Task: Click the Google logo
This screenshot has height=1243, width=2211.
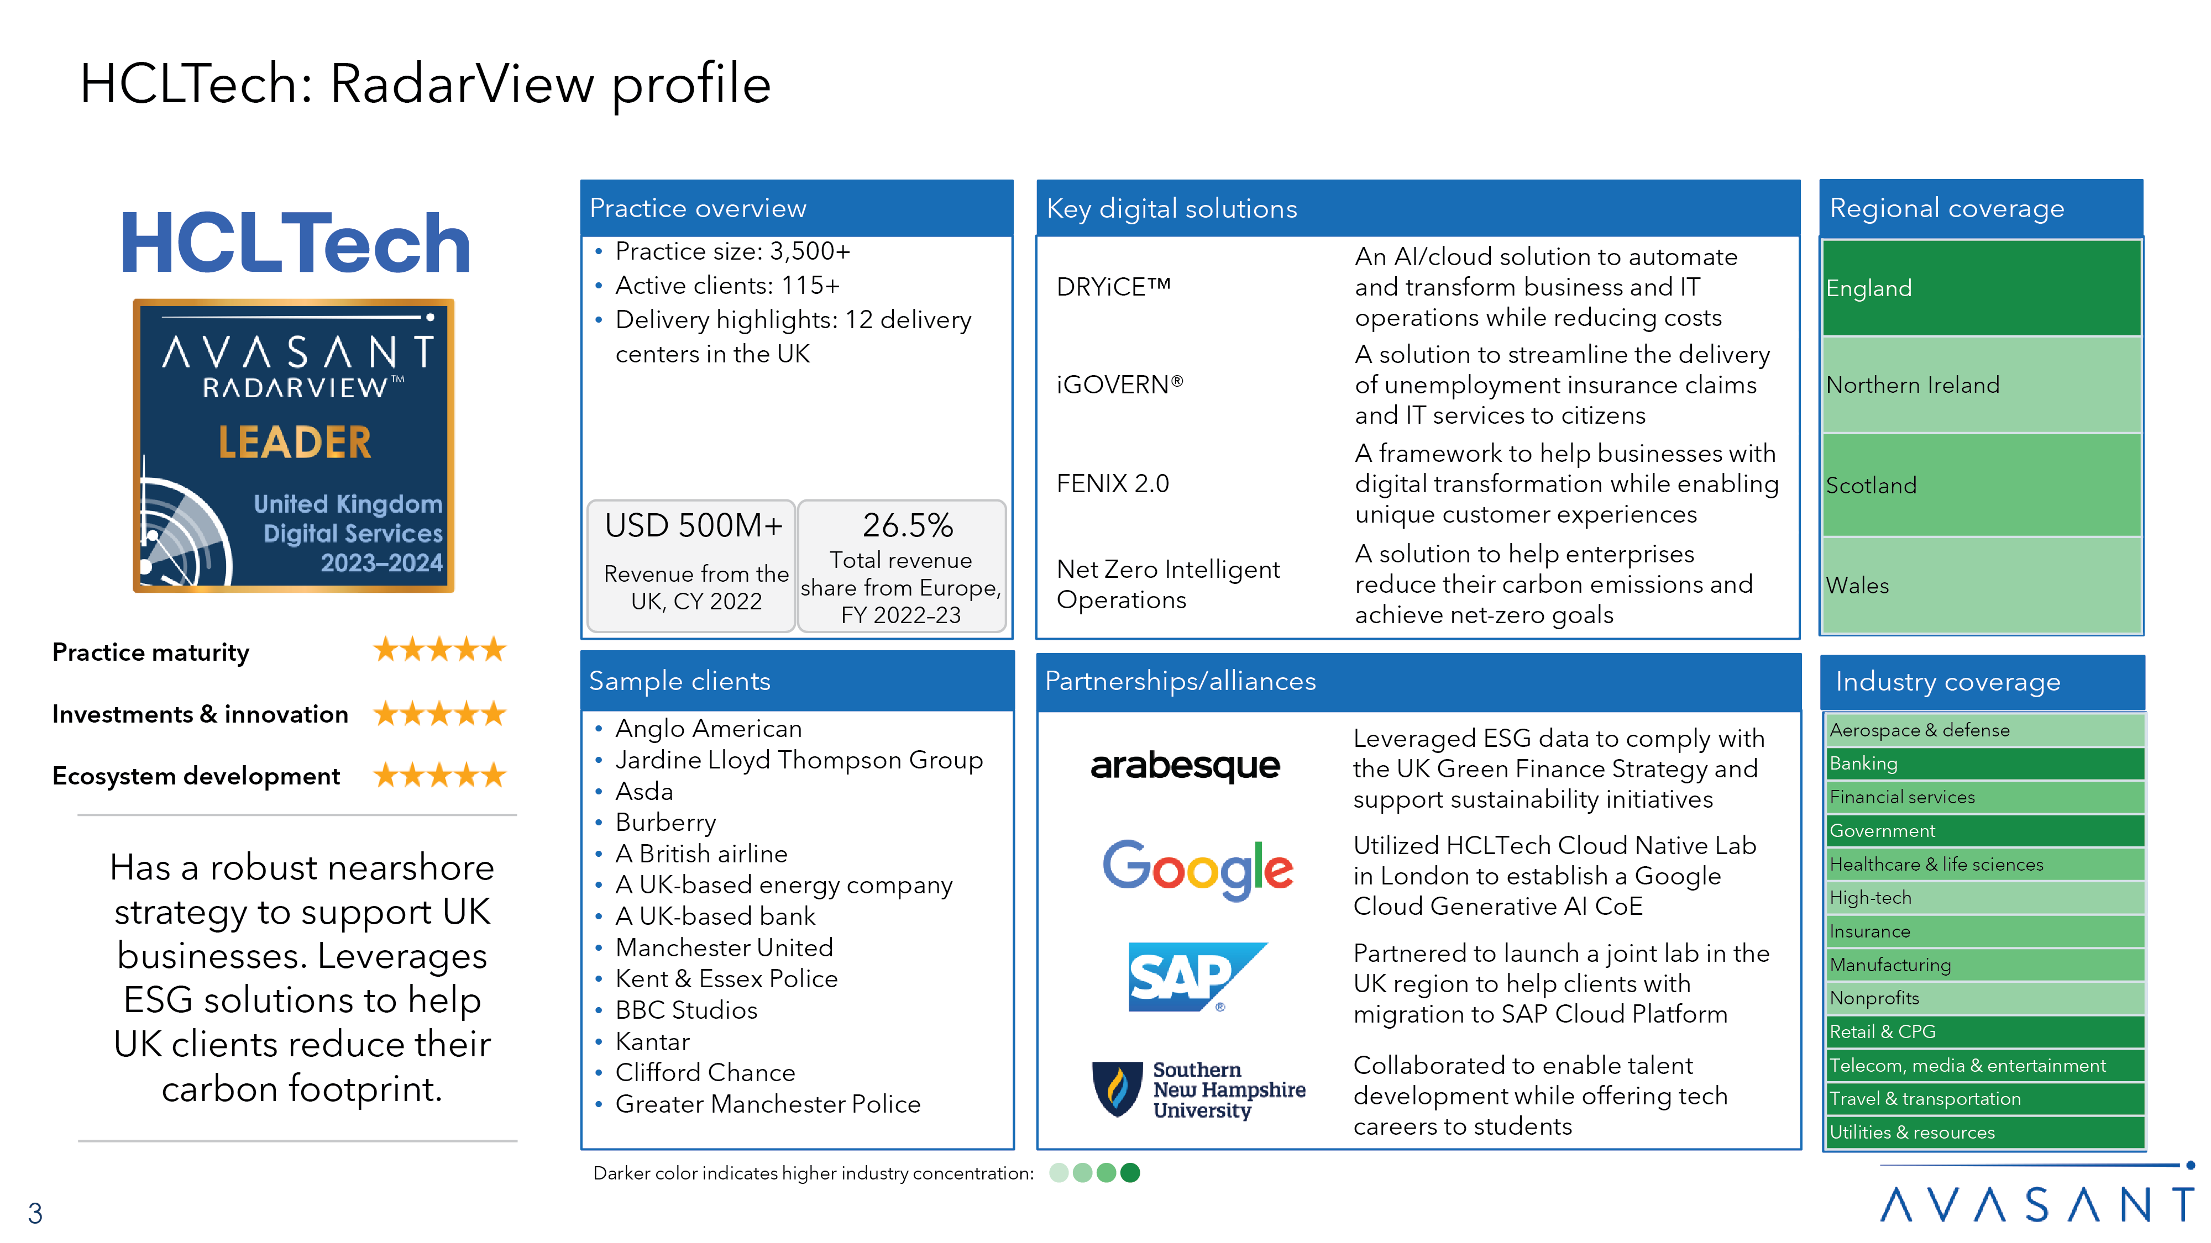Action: [1197, 870]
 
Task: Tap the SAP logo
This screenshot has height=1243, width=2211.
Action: [1197, 978]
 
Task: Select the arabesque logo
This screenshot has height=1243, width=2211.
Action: [1185, 765]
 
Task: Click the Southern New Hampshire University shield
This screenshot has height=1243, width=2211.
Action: [1117, 1089]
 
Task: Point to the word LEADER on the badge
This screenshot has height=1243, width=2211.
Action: [295, 443]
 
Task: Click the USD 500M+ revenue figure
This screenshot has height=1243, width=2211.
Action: [694, 525]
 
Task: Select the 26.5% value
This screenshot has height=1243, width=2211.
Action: [907, 525]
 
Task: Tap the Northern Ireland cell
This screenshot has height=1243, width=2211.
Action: [1981, 385]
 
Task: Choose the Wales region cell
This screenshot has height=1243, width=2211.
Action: [1981, 585]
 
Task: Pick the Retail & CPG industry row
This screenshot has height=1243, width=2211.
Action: [1984, 1031]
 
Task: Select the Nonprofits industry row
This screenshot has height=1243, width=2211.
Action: [1984, 998]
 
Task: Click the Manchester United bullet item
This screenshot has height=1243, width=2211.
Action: [724, 947]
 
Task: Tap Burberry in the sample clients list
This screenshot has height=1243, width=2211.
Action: [665, 822]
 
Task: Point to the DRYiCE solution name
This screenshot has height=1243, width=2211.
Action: [1113, 287]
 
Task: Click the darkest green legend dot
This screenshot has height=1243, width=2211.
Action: [1130, 1173]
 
